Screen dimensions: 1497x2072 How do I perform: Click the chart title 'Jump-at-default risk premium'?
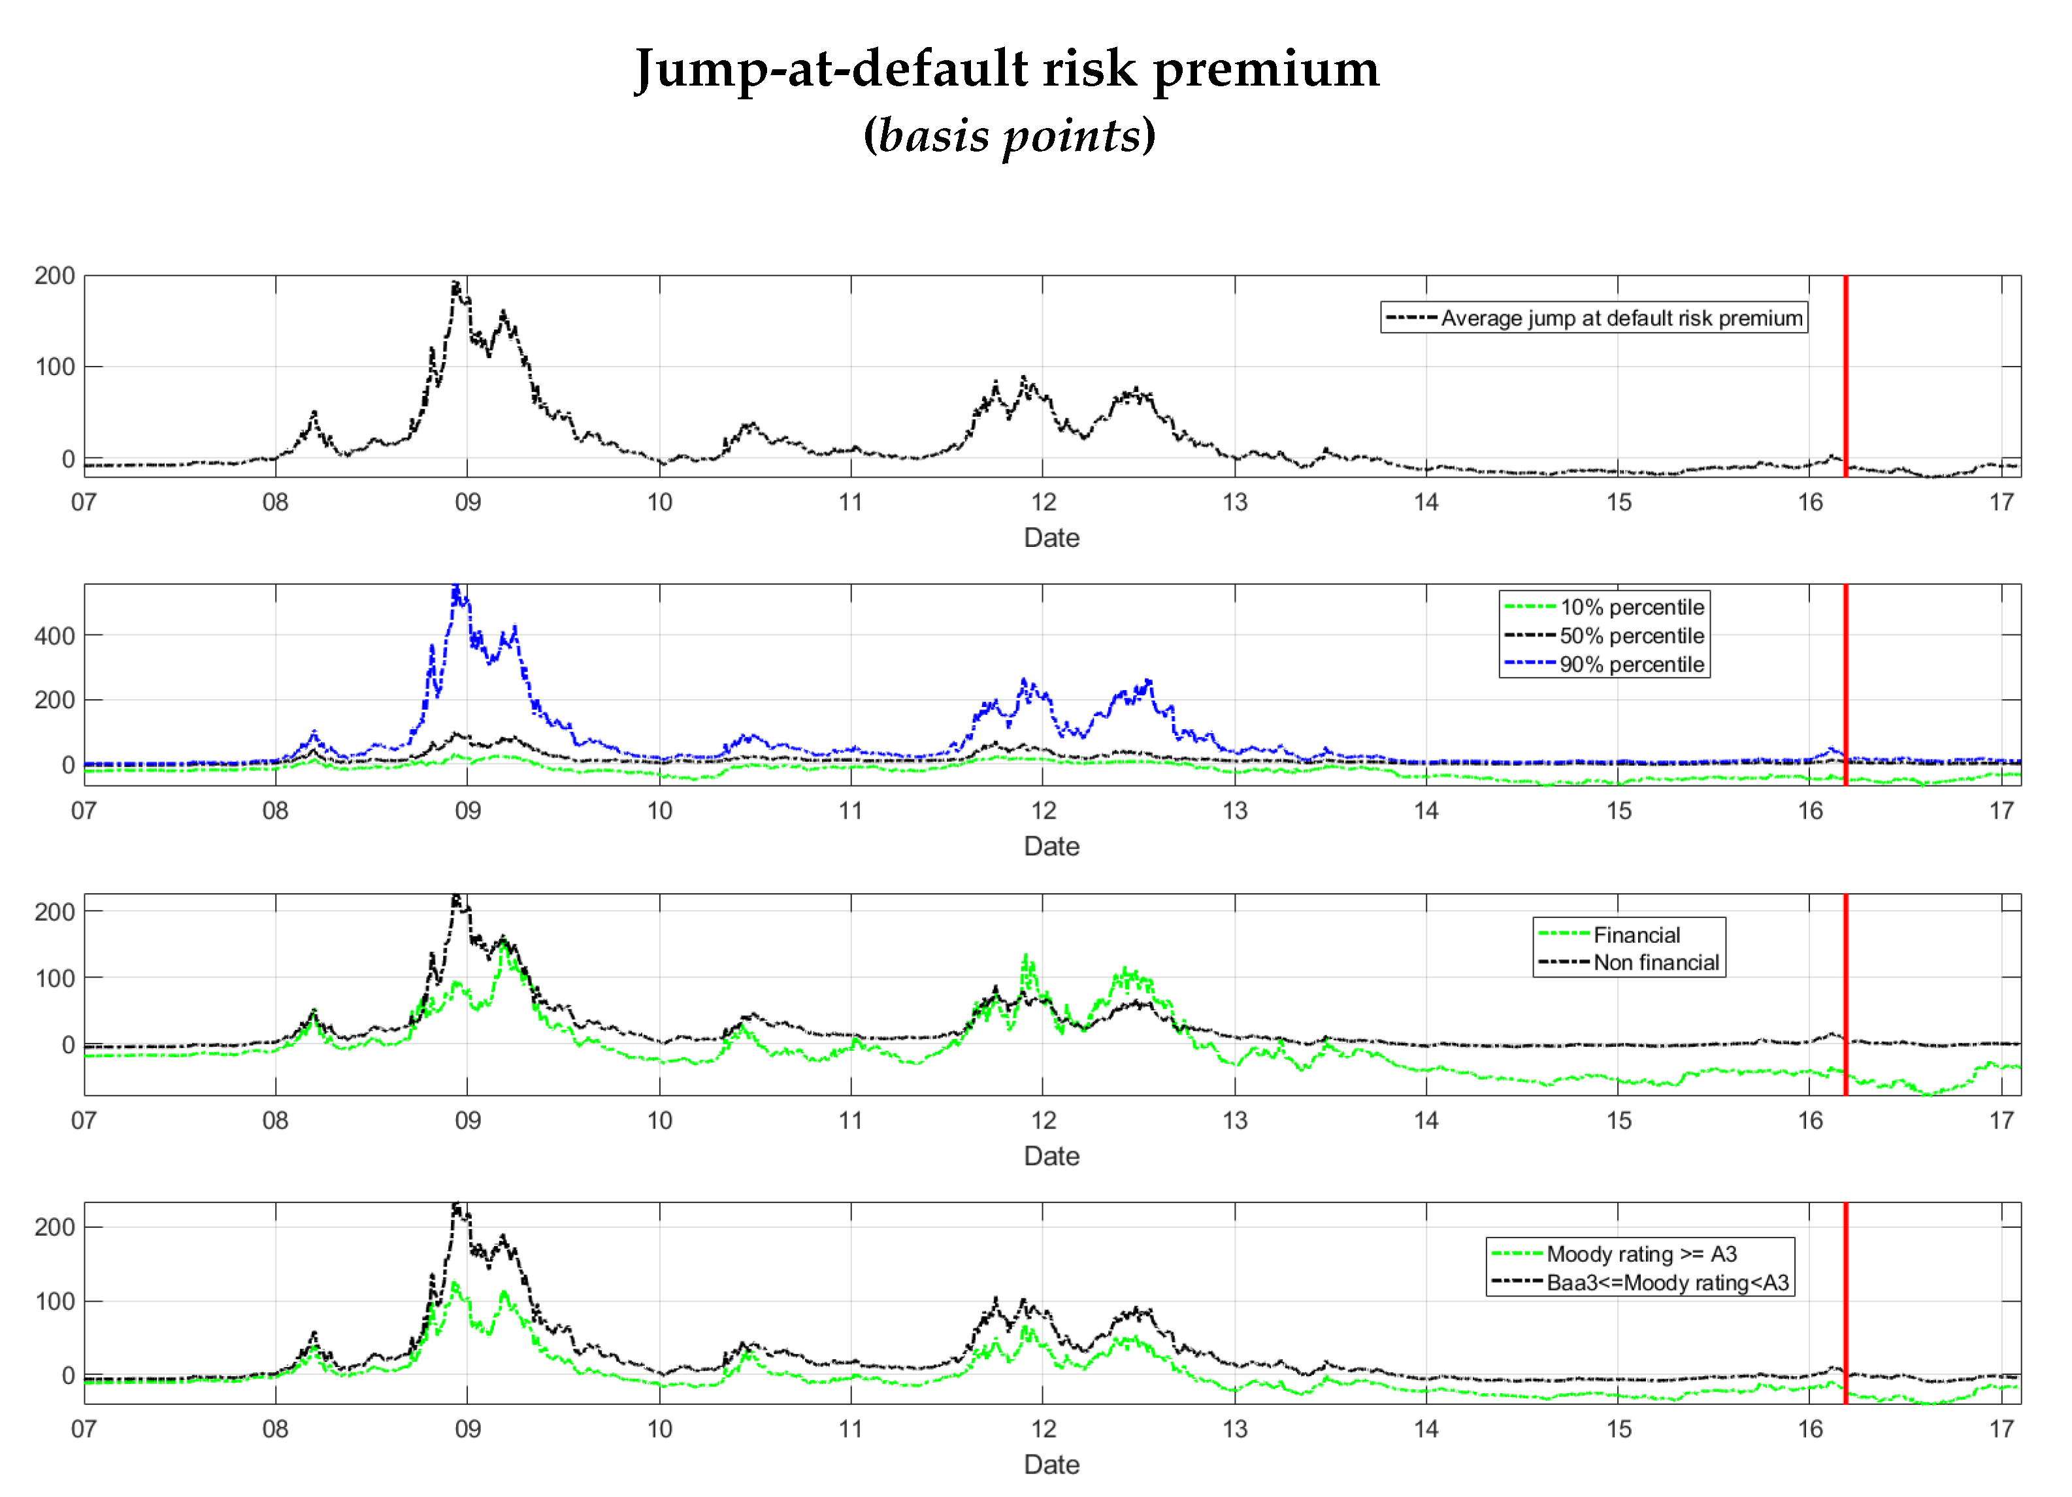[1007, 69]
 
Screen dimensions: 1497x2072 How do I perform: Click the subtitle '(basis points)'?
[1010, 135]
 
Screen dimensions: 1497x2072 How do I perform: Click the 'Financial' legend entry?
[1636, 934]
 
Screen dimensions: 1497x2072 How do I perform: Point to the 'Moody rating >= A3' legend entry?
[1641, 1253]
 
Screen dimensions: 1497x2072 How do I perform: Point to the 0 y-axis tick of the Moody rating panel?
[67, 1375]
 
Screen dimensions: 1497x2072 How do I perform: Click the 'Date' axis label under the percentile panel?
[1051, 846]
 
